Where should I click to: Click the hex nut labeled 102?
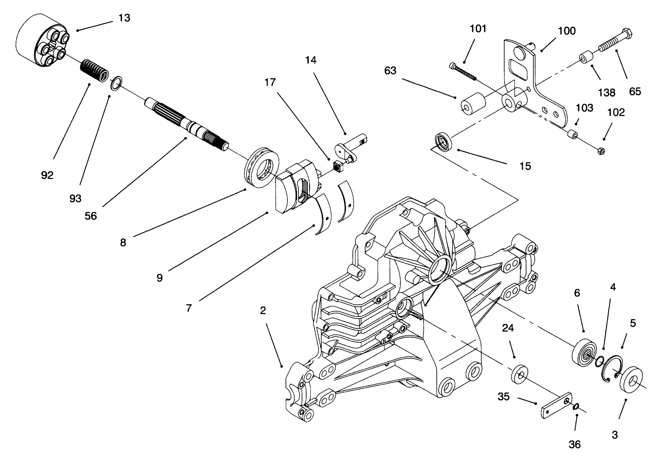[600, 152]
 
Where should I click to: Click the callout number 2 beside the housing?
[263, 310]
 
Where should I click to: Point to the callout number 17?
[270, 82]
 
